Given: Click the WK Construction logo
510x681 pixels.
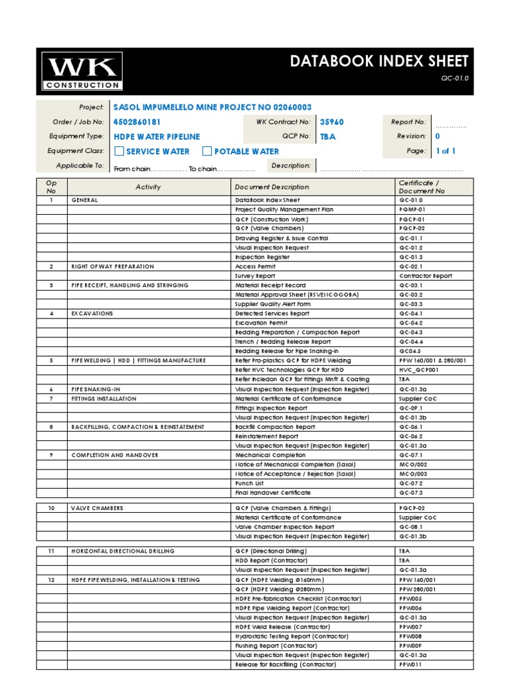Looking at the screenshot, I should (82, 71).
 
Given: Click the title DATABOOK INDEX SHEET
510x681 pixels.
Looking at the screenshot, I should (379, 62).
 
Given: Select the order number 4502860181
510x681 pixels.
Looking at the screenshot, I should (137, 122).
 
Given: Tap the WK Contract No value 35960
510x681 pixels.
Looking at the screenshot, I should (331, 122).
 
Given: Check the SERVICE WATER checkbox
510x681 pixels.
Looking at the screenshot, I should (120, 152).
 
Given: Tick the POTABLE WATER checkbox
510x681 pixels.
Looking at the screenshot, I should (207, 152).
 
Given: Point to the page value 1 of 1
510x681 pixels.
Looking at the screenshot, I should (446, 151).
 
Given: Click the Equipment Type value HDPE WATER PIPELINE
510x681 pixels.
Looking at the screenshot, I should (157, 137).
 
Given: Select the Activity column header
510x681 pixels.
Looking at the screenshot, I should (148, 187).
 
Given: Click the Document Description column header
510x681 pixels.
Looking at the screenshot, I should (272, 187).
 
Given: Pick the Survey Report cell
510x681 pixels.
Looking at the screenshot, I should (255, 276).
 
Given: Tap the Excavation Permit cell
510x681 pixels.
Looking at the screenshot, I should (262, 323).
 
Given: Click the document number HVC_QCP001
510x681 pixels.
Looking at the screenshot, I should (419, 370).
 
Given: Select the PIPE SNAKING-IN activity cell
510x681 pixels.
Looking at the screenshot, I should (96, 389).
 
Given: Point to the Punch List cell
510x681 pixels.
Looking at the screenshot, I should (250, 483).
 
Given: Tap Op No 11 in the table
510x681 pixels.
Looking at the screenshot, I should (51, 551).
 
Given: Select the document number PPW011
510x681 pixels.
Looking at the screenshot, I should (410, 665).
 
